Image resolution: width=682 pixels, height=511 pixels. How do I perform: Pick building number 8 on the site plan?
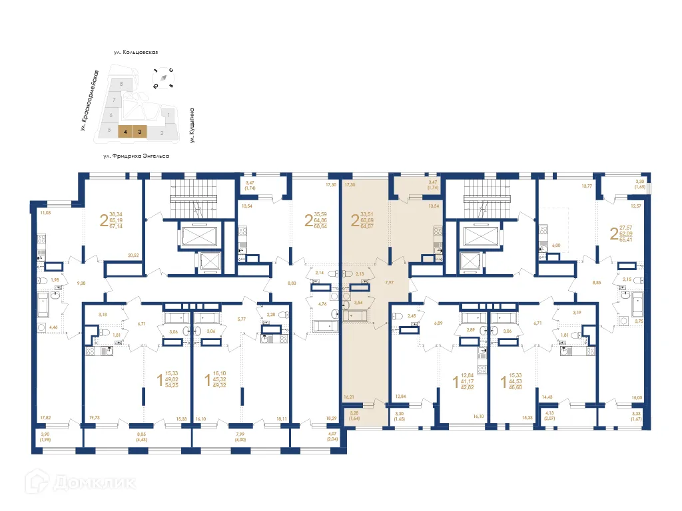point(121,85)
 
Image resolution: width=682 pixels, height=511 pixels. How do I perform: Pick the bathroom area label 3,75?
point(639,321)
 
